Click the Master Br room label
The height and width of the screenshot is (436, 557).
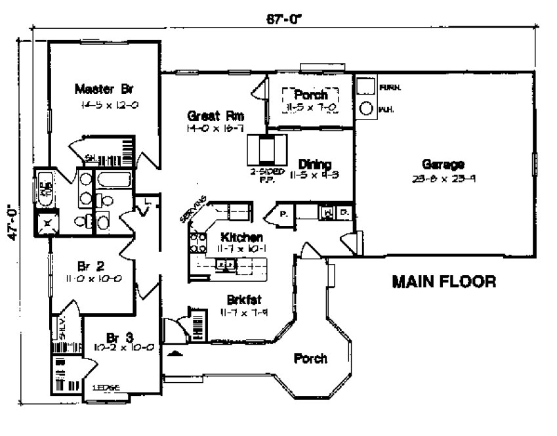coord(104,89)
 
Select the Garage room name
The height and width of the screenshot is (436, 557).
coord(444,164)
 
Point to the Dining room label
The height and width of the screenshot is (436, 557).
coord(315,164)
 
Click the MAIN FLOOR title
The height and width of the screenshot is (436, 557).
coord(444,282)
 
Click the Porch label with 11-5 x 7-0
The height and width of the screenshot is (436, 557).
coord(310,95)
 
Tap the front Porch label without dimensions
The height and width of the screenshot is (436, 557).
coord(310,359)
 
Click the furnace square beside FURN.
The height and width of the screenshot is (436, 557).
coord(365,87)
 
